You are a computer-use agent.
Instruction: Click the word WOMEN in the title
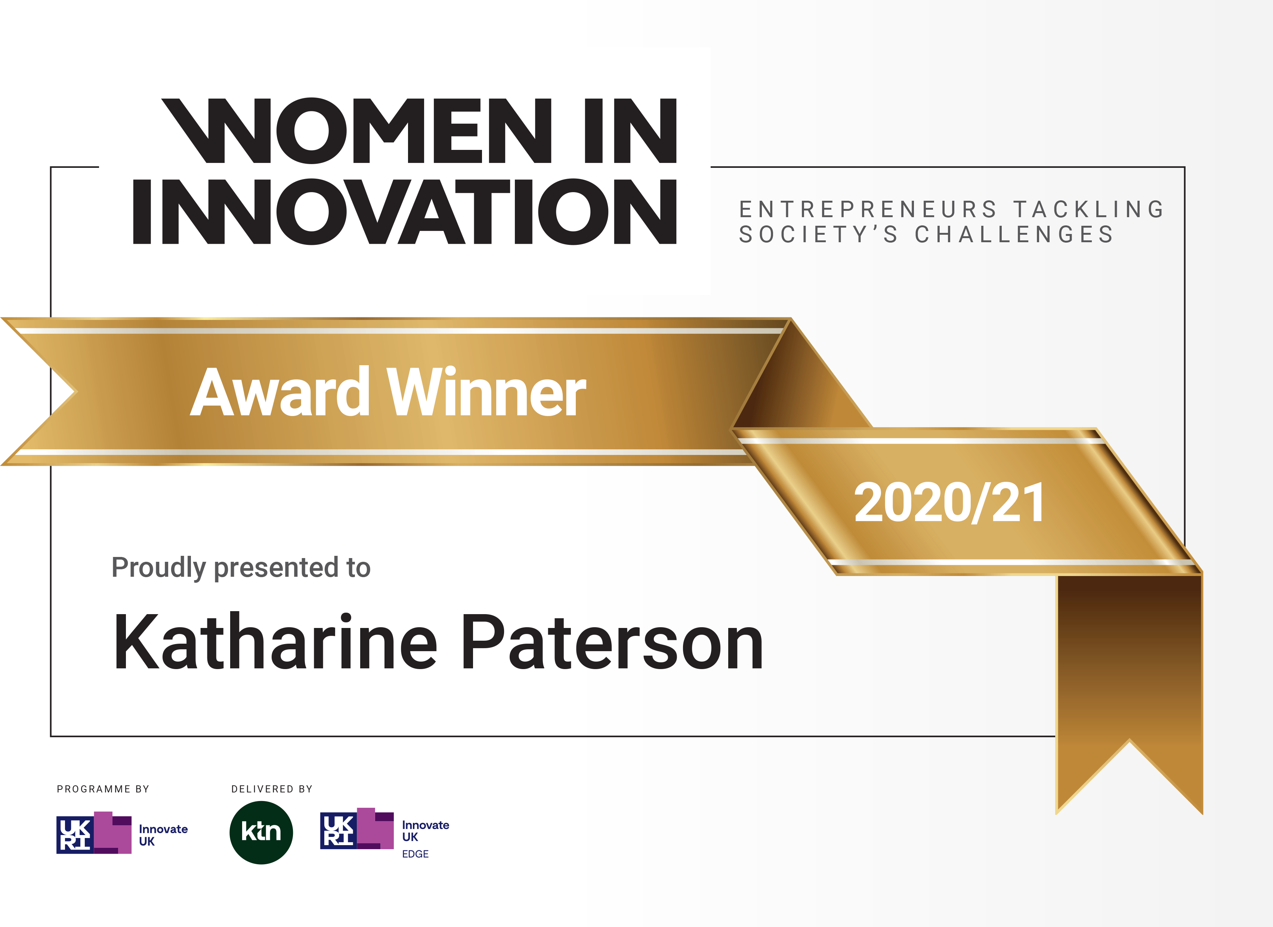coord(357,131)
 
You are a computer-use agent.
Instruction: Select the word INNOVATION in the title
coord(405,212)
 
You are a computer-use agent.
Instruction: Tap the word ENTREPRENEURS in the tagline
coord(868,209)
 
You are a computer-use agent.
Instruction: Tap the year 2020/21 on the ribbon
coord(949,502)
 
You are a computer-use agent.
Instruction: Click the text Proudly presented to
coord(241,568)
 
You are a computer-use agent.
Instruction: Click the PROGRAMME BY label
coord(103,789)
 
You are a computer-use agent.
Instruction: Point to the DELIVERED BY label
coord(272,789)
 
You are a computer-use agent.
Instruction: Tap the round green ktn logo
coord(261,832)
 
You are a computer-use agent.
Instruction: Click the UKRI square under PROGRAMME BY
coord(75,835)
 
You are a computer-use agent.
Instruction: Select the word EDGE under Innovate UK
coord(415,854)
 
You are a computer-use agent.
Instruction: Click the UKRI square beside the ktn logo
coord(339,831)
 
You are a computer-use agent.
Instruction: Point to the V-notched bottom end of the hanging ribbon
coord(1129,741)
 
